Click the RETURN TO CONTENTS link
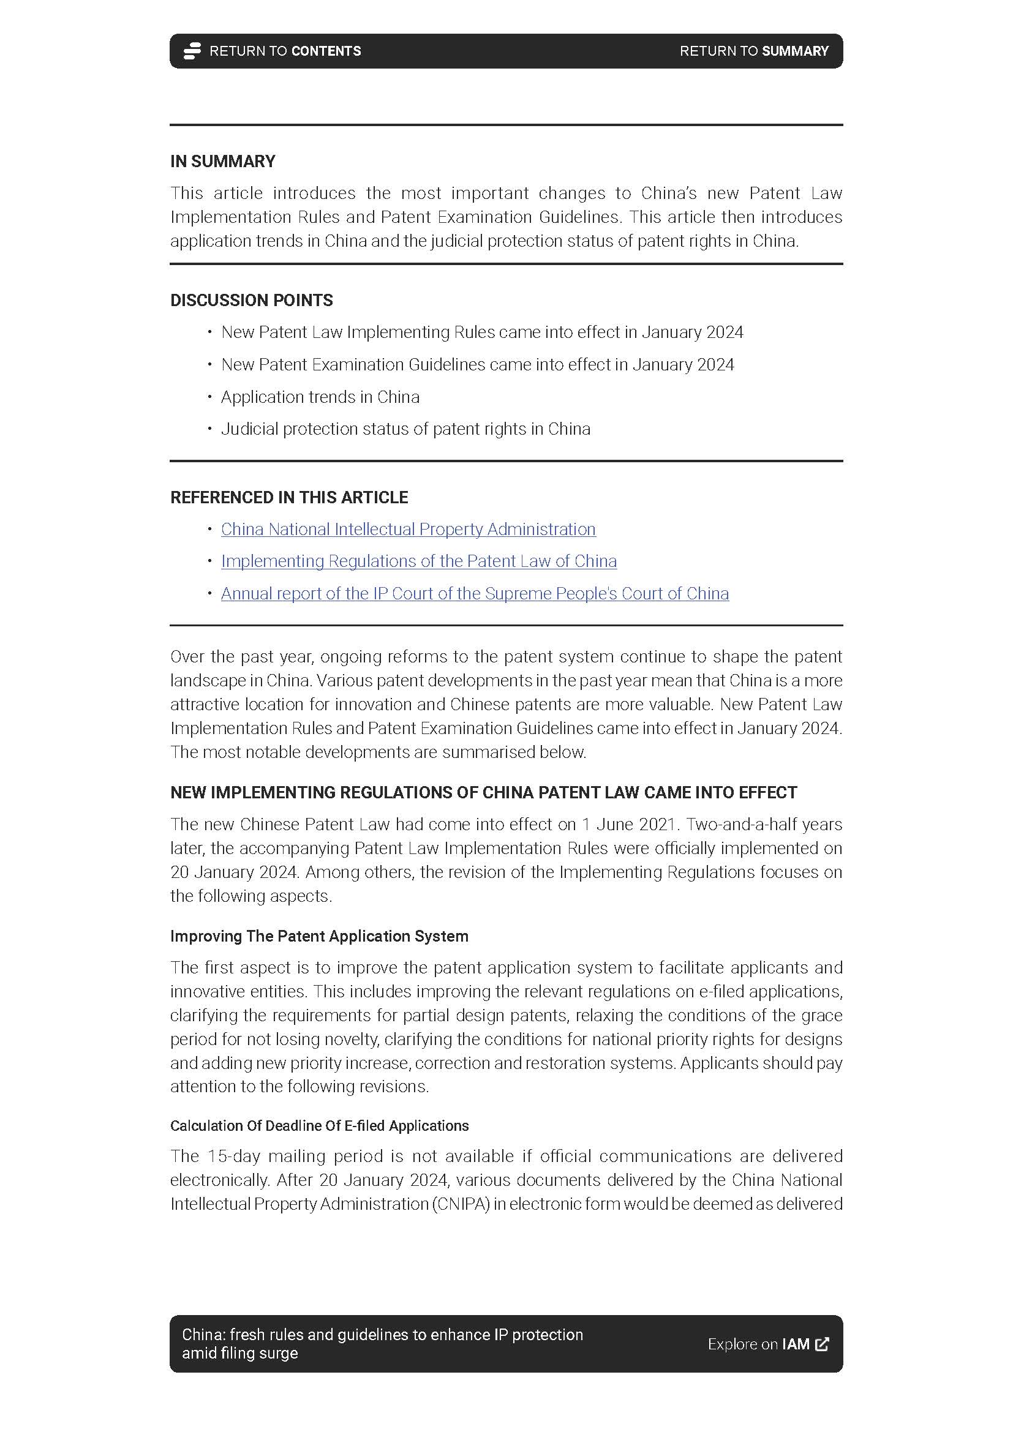284,51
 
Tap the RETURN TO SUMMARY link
753,51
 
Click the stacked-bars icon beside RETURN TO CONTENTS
192,51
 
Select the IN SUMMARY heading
223,162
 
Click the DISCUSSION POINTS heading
251,301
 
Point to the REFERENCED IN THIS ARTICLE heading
289,498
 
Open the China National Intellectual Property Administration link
408,530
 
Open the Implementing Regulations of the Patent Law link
418,561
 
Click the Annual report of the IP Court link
475,594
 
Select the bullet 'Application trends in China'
320,397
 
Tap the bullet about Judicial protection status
405,429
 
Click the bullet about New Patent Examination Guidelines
477,365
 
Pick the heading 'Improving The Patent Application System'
318,936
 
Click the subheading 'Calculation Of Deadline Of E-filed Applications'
319,1126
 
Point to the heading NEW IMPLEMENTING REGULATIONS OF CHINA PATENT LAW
483,793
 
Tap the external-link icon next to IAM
822,1344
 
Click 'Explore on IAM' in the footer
758,1344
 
